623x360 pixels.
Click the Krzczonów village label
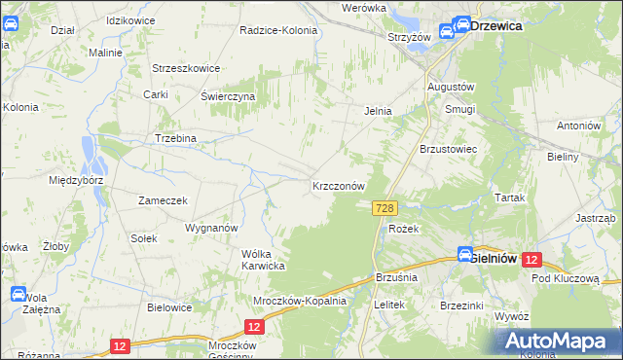coord(339,185)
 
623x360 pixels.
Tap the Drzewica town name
coord(496,27)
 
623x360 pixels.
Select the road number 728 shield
coord(385,208)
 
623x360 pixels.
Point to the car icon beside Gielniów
coord(465,253)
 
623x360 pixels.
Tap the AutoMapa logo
coord(559,342)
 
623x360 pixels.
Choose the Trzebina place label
coord(175,138)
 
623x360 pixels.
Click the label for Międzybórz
coord(77,180)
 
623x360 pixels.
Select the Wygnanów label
coord(211,228)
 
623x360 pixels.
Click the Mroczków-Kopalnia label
coord(300,301)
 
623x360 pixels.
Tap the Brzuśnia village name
coord(395,277)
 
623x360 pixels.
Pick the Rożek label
coord(403,229)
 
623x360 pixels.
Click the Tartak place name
coord(509,198)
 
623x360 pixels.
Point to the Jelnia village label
coord(378,111)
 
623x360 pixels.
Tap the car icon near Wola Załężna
coord(18,294)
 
